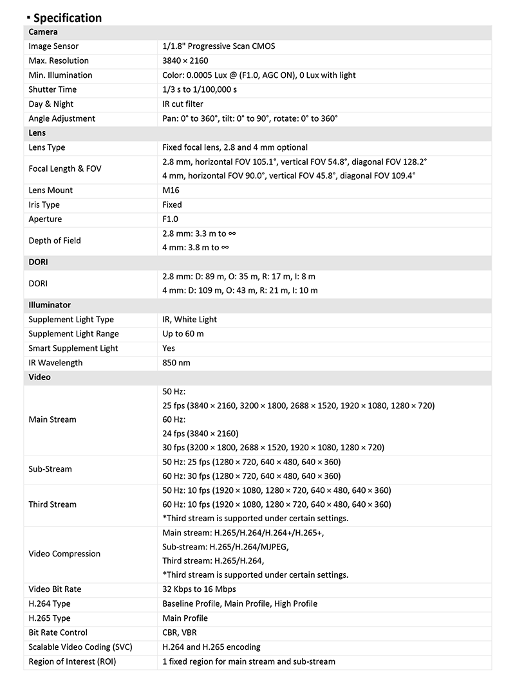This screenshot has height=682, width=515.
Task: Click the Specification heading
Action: [x=67, y=17]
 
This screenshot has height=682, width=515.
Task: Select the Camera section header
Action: [x=43, y=32]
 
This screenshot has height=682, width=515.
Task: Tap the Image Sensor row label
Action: [x=53, y=46]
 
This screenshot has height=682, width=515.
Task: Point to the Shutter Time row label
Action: [x=52, y=89]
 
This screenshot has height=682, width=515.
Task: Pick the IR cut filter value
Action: [x=183, y=104]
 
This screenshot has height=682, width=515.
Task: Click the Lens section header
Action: [x=38, y=133]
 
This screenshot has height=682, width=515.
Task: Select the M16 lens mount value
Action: [x=171, y=190]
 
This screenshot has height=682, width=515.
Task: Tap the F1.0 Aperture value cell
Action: [x=171, y=219]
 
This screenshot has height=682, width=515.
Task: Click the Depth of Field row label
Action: [x=55, y=241]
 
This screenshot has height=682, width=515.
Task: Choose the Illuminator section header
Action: [x=50, y=305]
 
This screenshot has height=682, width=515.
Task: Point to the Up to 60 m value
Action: [x=183, y=334]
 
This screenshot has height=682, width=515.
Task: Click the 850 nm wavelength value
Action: [x=176, y=363]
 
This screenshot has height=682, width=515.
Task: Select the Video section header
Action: [x=39, y=377]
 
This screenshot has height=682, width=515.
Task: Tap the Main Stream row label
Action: [x=52, y=419]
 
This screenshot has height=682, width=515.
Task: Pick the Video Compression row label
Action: [x=64, y=554]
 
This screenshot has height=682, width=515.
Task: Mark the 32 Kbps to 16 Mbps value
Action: [x=199, y=589]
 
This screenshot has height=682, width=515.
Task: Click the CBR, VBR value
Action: [x=180, y=632]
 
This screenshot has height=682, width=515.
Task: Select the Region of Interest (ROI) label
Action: [x=72, y=661]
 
